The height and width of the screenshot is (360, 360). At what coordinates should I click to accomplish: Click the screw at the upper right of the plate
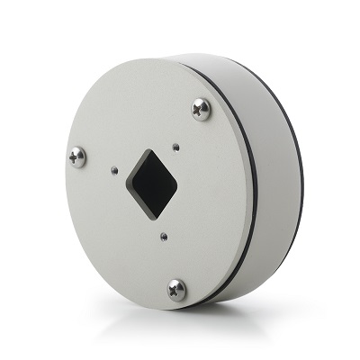point(201,109)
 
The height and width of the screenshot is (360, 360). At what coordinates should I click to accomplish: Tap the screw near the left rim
point(77,157)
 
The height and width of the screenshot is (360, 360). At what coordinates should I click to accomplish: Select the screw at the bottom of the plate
point(176,289)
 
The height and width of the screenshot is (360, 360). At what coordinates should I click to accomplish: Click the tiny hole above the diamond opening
point(177,142)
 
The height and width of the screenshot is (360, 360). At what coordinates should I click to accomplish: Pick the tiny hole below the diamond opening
point(163,237)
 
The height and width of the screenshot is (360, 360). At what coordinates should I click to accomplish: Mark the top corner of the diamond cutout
point(149,148)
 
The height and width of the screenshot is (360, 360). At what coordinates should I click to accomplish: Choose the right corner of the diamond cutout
point(177,185)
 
